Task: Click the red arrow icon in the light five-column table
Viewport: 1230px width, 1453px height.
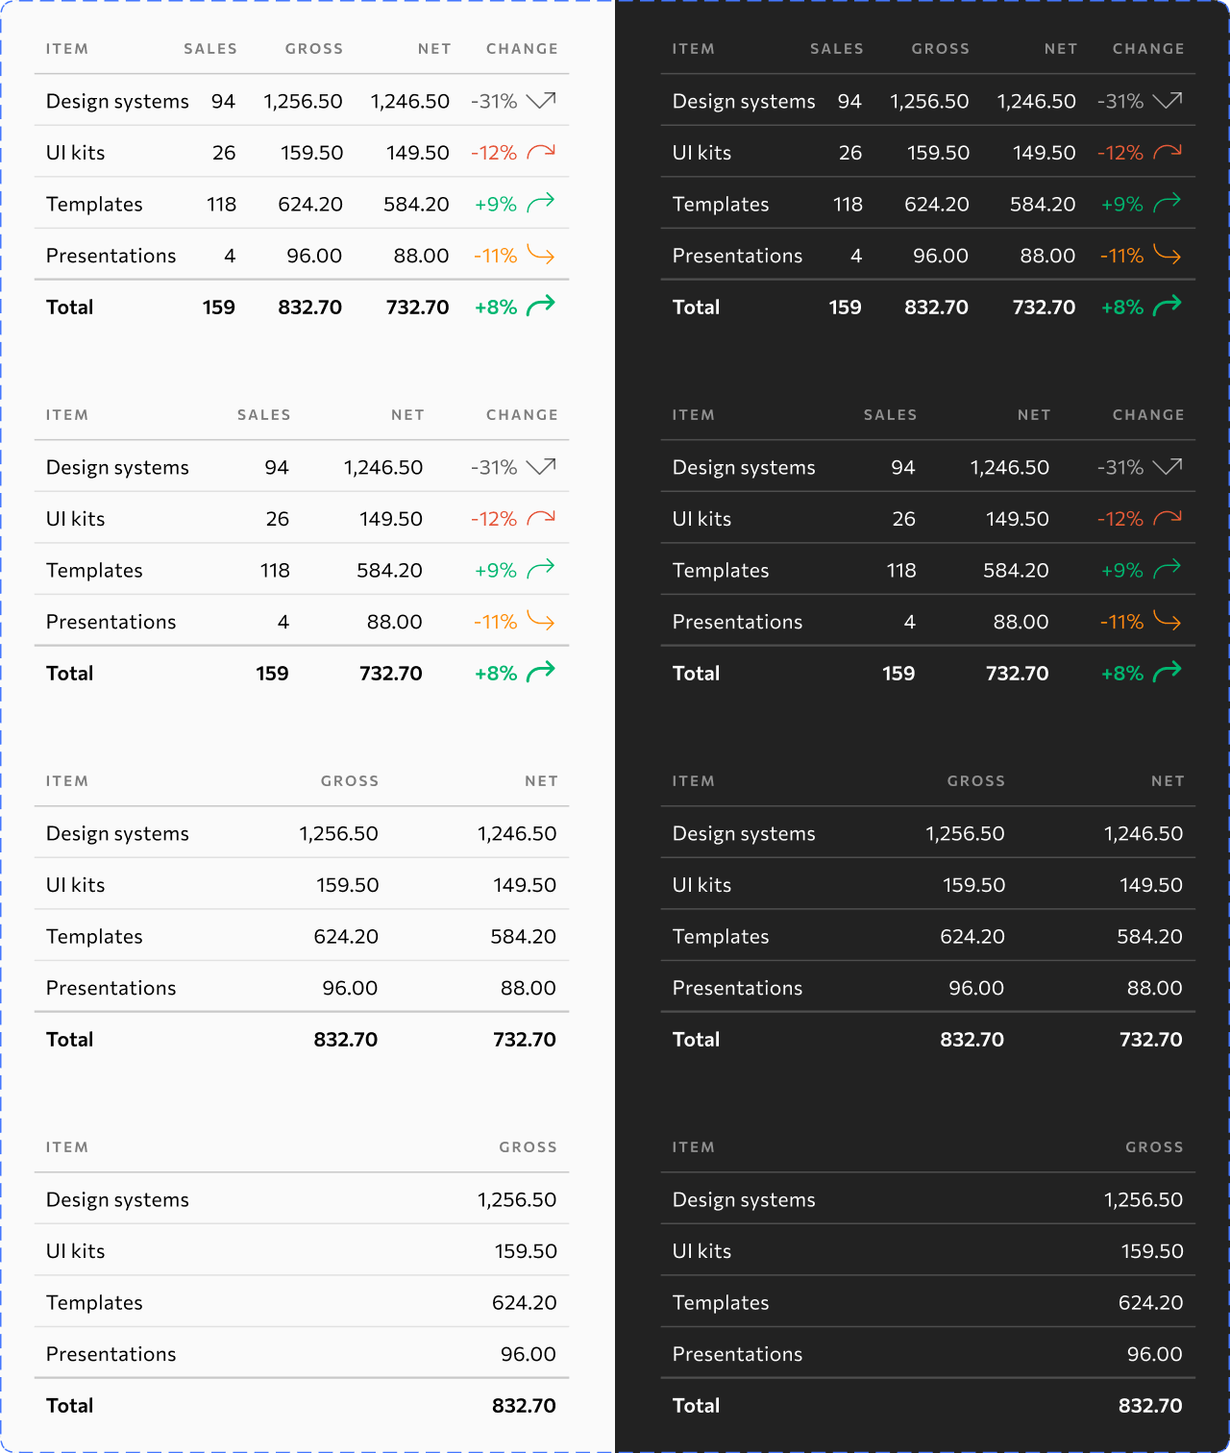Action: pos(541,152)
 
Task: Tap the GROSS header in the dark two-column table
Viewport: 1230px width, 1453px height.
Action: pos(1154,1147)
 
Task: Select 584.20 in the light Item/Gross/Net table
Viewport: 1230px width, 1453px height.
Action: pos(523,937)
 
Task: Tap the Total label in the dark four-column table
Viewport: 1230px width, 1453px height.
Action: pos(696,674)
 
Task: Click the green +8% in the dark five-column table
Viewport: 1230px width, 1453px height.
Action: pos(1121,308)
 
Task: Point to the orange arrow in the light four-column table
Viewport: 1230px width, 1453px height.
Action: pos(541,622)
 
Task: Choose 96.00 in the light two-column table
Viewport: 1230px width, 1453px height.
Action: pos(528,1354)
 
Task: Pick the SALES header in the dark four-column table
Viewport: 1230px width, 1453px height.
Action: pos(890,415)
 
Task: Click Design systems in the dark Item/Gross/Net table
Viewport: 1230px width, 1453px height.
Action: pos(744,834)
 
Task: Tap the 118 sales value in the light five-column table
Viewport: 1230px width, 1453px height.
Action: pos(221,205)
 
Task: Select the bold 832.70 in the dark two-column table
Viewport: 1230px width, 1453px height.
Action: pos(1150,1406)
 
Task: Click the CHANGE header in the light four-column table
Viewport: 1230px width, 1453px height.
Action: pos(522,415)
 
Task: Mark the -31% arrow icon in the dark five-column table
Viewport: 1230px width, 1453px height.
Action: pos(1168,101)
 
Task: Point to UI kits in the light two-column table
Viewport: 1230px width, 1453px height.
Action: pos(75,1251)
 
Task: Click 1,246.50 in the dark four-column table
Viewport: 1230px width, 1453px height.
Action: pos(1009,468)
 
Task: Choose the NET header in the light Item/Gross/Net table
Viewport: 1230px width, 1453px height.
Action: pos(541,781)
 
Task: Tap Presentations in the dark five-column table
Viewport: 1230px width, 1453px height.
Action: pos(737,256)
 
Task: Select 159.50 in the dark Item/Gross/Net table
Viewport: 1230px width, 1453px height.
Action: pos(973,885)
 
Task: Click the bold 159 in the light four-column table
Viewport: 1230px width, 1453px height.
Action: pos(272,674)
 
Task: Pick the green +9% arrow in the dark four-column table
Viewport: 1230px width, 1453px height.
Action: pos(1168,570)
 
